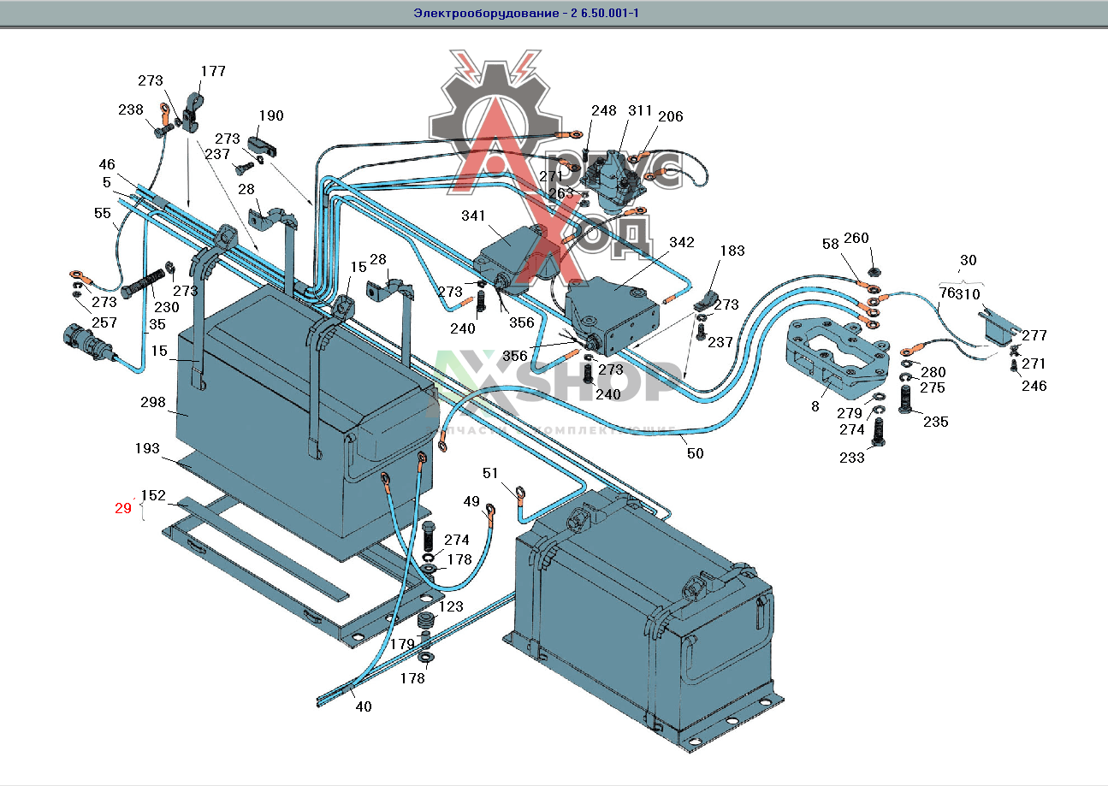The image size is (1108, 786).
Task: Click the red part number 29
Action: click(123, 508)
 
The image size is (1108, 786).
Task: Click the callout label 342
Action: click(682, 243)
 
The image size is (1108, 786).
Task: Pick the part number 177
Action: click(213, 71)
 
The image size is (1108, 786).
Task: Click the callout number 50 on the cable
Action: click(695, 453)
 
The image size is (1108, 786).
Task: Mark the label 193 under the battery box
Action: click(147, 447)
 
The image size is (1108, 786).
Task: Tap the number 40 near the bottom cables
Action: click(364, 706)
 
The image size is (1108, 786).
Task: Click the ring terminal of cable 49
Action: click(491, 511)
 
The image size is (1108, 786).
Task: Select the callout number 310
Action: click(968, 293)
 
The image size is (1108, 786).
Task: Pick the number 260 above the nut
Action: click(856, 238)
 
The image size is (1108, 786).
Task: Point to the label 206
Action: click(671, 116)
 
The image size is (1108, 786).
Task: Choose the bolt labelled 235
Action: click(909, 400)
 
